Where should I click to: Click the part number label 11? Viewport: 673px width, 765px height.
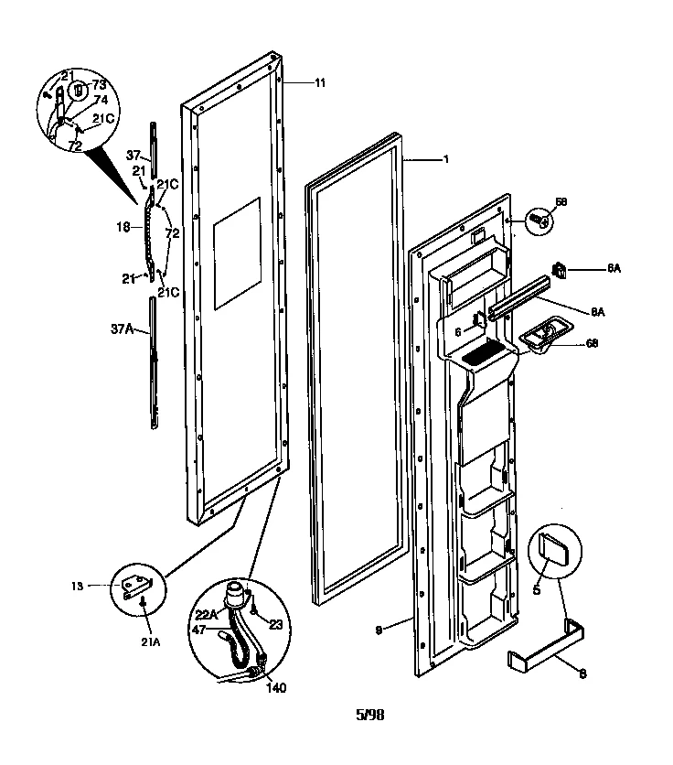point(320,83)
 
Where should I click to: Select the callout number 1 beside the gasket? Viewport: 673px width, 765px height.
point(445,159)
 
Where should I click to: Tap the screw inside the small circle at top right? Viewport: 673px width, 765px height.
point(539,221)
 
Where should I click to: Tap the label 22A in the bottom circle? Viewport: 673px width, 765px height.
point(206,615)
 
